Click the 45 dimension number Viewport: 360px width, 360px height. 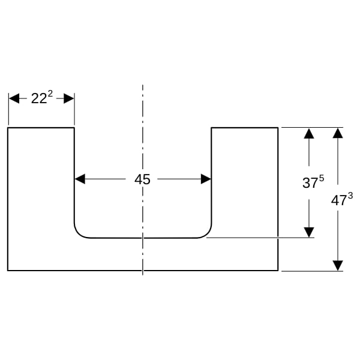click(142, 179)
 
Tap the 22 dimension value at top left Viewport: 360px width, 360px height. click(39, 99)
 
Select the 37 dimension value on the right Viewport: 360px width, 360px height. click(310, 183)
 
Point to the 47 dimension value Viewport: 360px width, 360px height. click(338, 200)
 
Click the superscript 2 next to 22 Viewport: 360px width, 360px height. click(50, 94)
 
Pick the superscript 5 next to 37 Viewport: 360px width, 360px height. click(322, 178)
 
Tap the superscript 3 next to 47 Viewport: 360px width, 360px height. click(350, 196)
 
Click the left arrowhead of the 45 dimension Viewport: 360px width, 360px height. click(80, 179)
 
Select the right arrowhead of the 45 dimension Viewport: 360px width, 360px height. click(206, 179)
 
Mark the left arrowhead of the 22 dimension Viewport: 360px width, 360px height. click(14, 99)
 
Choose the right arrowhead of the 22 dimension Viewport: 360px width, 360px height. click(68, 99)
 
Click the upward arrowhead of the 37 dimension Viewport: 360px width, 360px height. click(309, 134)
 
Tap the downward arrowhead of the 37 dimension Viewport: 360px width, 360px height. click(309, 232)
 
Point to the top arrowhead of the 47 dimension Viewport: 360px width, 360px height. click(338, 133)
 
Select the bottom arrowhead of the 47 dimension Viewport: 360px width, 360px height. click(338, 266)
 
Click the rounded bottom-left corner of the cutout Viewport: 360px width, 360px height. click(78, 234)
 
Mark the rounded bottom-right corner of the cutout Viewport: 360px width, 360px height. click(207, 234)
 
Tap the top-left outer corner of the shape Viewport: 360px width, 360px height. click(8, 128)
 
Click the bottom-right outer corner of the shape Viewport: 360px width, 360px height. click(278, 271)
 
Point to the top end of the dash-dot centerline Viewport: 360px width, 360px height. click(143, 85)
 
